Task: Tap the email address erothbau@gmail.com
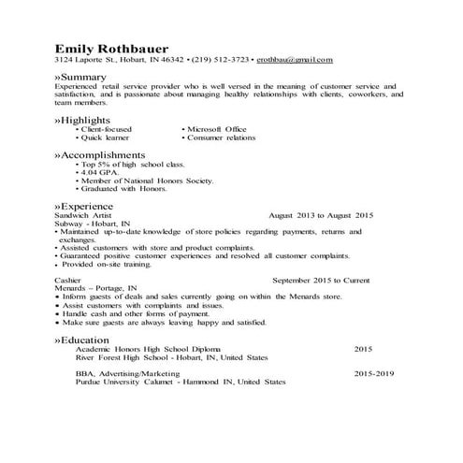point(295,61)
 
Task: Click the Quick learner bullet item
point(106,137)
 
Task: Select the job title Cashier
point(67,280)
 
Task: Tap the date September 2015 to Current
point(322,280)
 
